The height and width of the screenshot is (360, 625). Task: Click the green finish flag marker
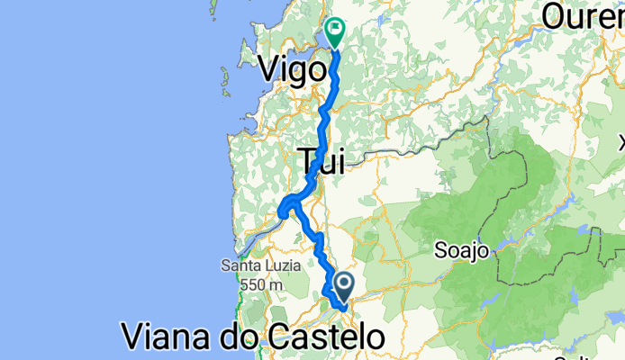click(335, 33)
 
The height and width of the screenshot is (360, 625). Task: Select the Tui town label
click(322, 160)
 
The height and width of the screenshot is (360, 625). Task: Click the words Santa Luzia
click(254, 266)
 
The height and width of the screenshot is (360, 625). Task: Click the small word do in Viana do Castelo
click(245, 337)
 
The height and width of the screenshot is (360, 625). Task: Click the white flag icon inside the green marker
click(336, 30)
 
